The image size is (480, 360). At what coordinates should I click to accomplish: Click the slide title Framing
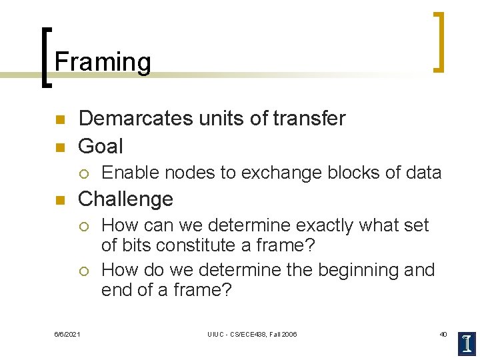(103, 62)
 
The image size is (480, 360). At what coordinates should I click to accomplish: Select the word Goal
(101, 146)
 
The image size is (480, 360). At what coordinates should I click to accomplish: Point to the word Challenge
(125, 199)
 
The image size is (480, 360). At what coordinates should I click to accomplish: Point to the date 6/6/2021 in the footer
(67, 334)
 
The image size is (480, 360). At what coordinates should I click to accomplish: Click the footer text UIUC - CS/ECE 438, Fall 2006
(252, 334)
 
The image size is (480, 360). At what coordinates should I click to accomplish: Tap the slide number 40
(443, 334)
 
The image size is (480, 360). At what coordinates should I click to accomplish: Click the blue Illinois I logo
(467, 343)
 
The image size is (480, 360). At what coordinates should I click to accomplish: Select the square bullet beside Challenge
(58, 200)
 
